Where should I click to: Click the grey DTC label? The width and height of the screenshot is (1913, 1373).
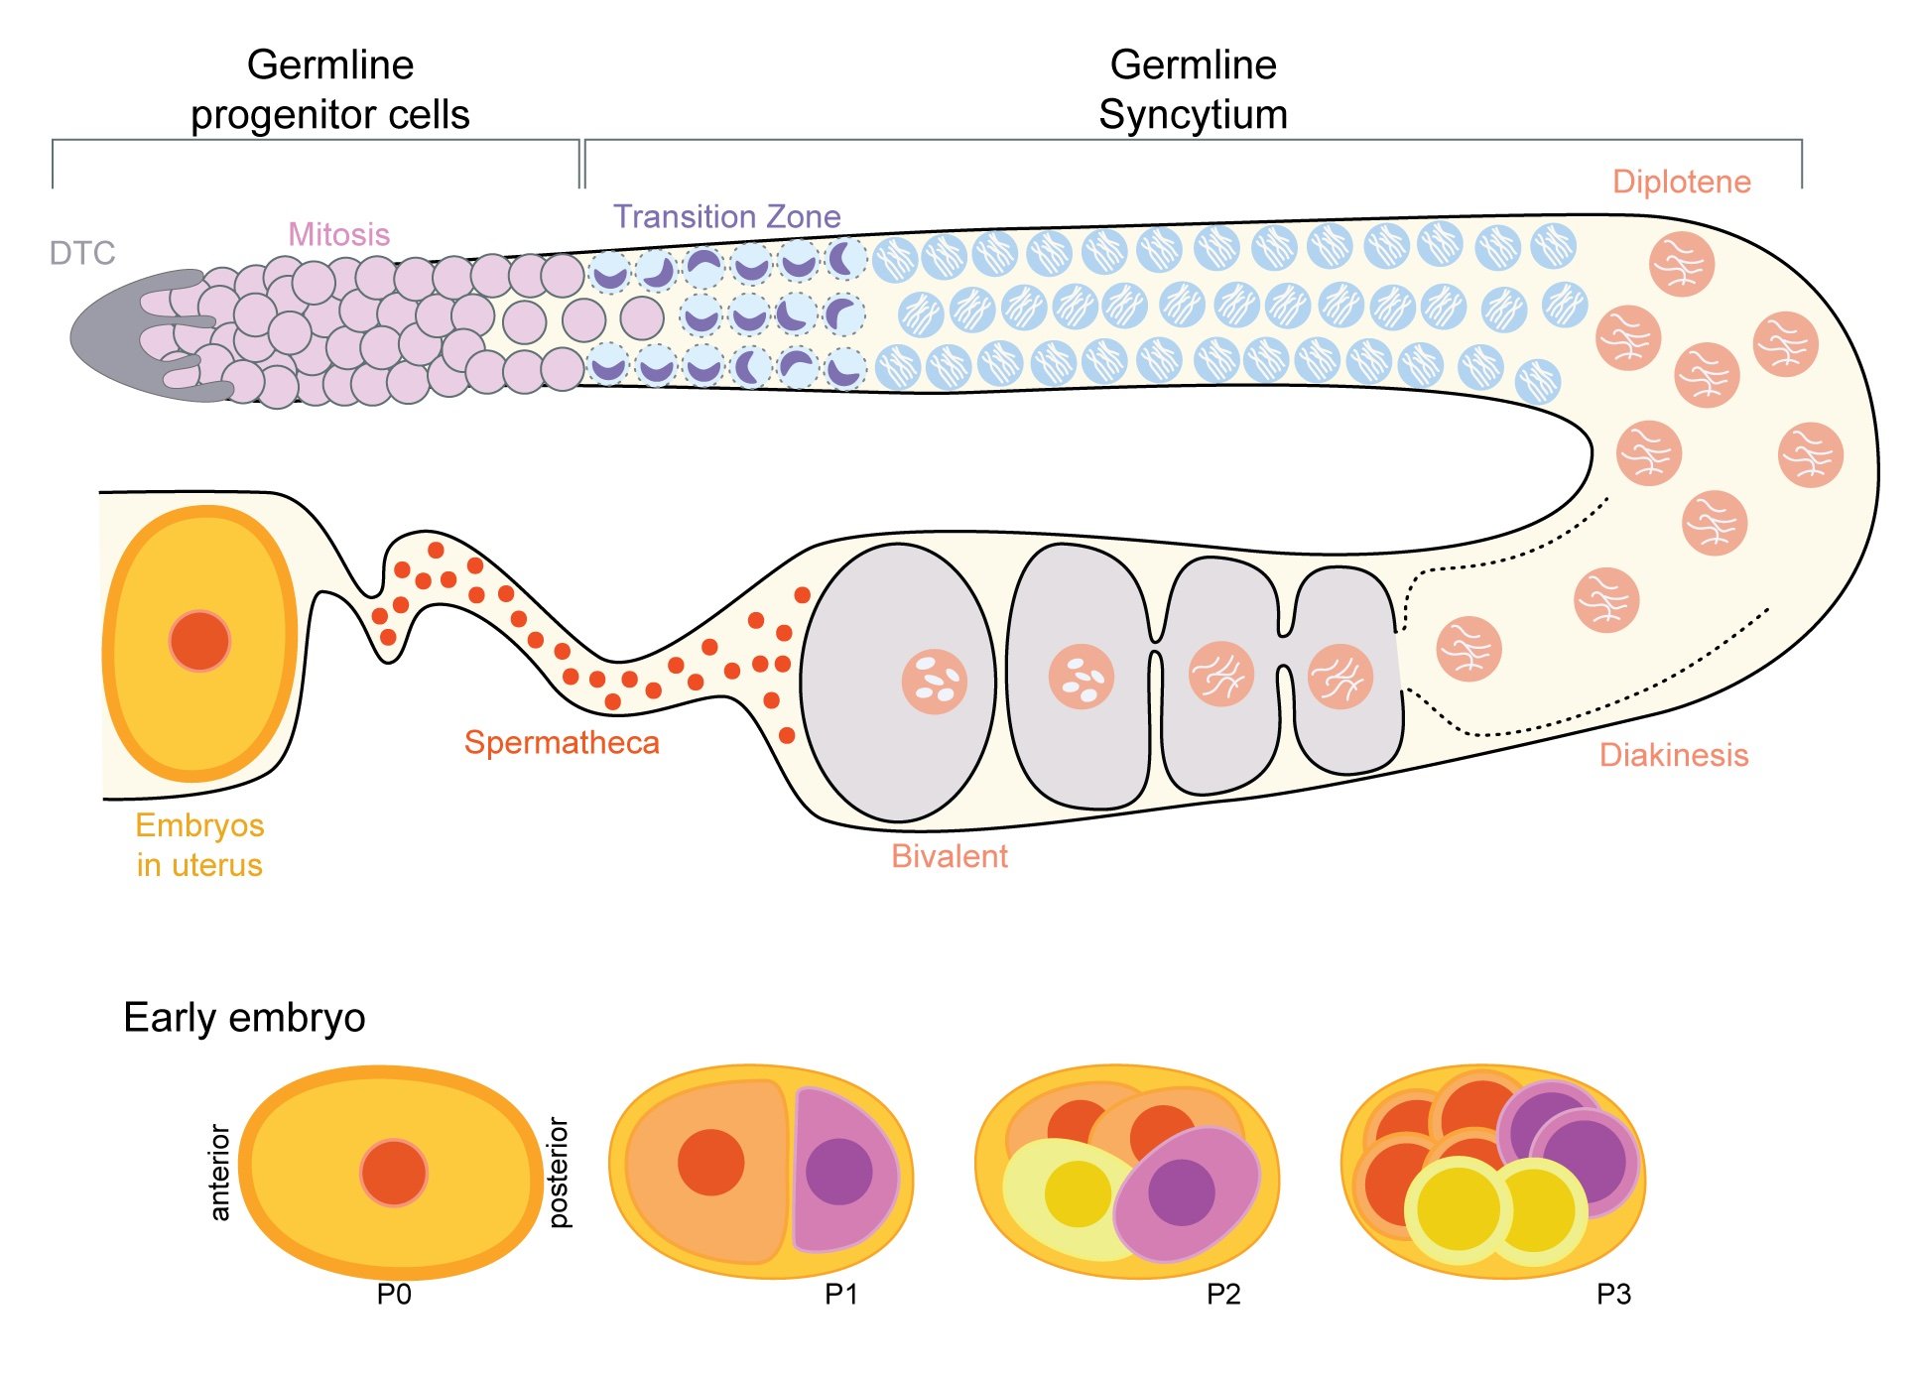(82, 254)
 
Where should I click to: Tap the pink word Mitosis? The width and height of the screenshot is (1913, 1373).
(338, 235)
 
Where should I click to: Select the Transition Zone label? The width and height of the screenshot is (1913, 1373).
(726, 217)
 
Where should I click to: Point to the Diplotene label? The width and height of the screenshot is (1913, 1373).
(1681, 183)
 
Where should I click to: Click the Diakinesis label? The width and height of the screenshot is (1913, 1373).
(1673, 755)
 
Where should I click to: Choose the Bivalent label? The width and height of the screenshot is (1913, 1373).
(949, 856)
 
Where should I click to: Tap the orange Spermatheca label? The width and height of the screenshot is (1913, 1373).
(562, 743)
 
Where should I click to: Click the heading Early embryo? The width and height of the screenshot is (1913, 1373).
(244, 1018)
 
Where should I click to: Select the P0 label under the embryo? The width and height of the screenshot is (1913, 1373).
(394, 1295)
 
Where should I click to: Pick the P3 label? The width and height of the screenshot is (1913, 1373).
(1613, 1295)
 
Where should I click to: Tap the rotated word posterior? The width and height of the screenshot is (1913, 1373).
(559, 1173)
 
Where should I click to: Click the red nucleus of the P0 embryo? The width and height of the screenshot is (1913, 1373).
(394, 1173)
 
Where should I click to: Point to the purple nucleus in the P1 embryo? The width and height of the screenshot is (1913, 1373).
(838, 1172)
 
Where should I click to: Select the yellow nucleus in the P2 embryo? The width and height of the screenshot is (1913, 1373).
(1078, 1193)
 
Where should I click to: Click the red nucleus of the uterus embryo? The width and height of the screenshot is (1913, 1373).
(199, 642)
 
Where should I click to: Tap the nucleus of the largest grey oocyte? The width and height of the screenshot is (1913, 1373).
(934, 682)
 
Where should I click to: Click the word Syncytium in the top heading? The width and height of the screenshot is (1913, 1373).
(1193, 115)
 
